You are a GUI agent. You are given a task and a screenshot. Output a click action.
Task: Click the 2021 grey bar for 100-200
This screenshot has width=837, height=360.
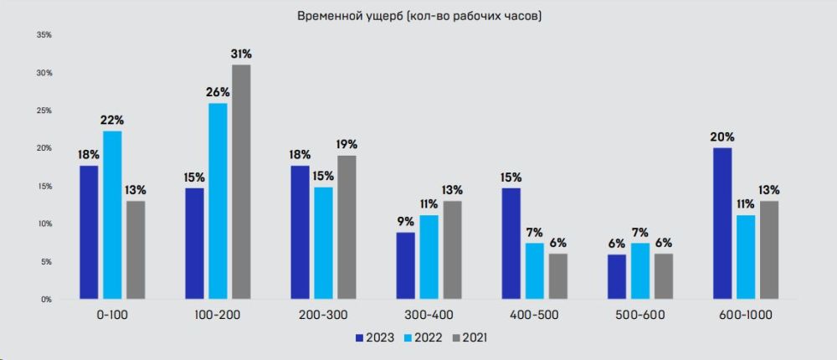(241, 182)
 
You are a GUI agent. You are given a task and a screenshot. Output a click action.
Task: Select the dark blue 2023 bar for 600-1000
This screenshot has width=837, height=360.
(722, 224)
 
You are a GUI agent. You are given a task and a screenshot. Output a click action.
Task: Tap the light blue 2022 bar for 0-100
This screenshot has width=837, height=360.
(113, 215)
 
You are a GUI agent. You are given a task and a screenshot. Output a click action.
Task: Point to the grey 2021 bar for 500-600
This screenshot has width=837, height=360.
(664, 276)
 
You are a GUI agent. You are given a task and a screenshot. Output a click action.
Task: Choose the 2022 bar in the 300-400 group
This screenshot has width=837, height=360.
(429, 257)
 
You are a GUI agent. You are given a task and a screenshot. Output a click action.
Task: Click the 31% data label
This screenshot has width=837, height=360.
(241, 54)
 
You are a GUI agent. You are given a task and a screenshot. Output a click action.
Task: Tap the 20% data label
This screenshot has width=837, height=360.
(722, 137)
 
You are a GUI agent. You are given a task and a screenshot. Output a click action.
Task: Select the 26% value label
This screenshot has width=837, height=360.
(218, 92)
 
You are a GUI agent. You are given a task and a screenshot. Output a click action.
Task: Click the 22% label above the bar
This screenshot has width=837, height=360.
(113, 121)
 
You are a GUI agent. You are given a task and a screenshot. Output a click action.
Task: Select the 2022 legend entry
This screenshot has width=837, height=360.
(424, 338)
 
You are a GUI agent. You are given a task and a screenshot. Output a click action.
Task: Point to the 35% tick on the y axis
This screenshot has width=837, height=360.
(45, 35)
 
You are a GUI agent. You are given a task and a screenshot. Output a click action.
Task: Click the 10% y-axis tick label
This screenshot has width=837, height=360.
(45, 224)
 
